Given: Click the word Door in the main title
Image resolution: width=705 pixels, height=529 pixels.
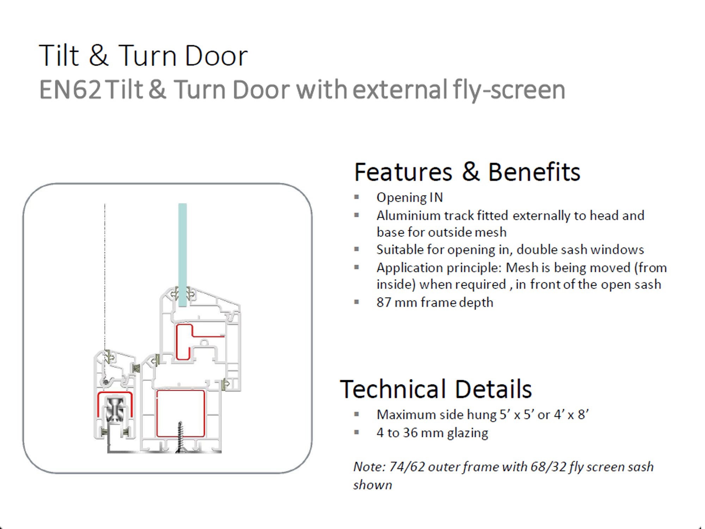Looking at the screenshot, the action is (216, 56).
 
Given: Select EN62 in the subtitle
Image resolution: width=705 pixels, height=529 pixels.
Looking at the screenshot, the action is (70, 90).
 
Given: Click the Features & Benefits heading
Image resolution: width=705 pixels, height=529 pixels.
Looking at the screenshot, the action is (467, 172).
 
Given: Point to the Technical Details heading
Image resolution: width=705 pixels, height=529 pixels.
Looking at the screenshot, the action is (436, 389).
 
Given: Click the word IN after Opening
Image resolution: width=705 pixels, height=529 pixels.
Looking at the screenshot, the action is (436, 197).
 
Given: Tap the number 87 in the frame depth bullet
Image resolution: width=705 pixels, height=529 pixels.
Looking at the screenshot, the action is (384, 302).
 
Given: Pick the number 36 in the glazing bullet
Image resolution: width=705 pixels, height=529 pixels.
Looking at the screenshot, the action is (410, 433).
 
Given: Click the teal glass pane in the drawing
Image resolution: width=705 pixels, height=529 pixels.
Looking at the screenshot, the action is (182, 255).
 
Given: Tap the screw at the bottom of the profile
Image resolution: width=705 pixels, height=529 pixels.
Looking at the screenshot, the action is (180, 437).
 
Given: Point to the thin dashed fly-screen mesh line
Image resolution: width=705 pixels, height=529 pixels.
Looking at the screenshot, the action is (105, 277).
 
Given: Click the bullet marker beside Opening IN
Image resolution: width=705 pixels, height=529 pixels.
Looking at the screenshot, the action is (357, 197).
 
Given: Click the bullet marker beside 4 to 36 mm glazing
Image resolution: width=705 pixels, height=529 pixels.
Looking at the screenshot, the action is (357, 432).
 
